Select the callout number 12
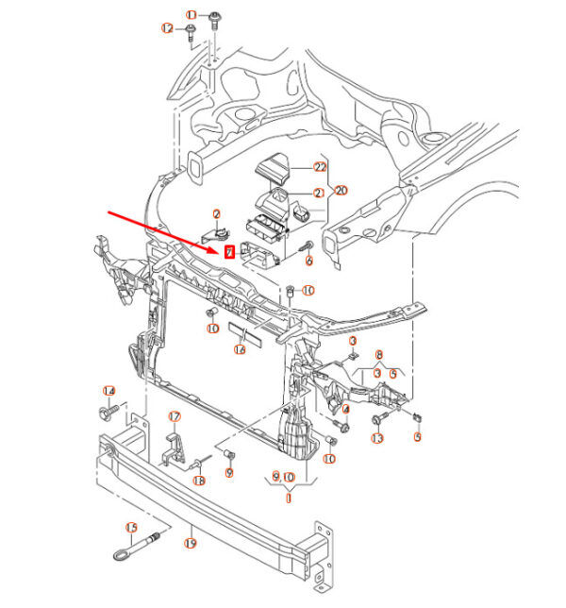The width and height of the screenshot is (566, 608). pos(168,28)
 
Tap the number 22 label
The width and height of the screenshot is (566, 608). pos(320,166)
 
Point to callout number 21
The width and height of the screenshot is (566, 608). pos(319,193)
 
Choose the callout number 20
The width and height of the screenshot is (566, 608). pos(341,190)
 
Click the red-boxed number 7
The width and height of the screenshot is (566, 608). pos(228,252)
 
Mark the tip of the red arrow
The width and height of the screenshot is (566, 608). pos(220,247)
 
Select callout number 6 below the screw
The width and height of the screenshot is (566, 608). pos(308,258)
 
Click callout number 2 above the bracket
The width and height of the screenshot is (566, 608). pos(216,214)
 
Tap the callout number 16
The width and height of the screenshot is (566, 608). pos(240,349)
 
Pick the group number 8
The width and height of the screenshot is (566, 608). pos(380,356)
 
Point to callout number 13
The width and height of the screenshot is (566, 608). pos(377,438)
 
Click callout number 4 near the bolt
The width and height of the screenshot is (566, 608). pos(345,409)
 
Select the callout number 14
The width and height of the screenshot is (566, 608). pos(108,392)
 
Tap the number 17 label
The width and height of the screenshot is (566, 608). pos(174,416)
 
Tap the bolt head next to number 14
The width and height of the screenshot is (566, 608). pos(106,413)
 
